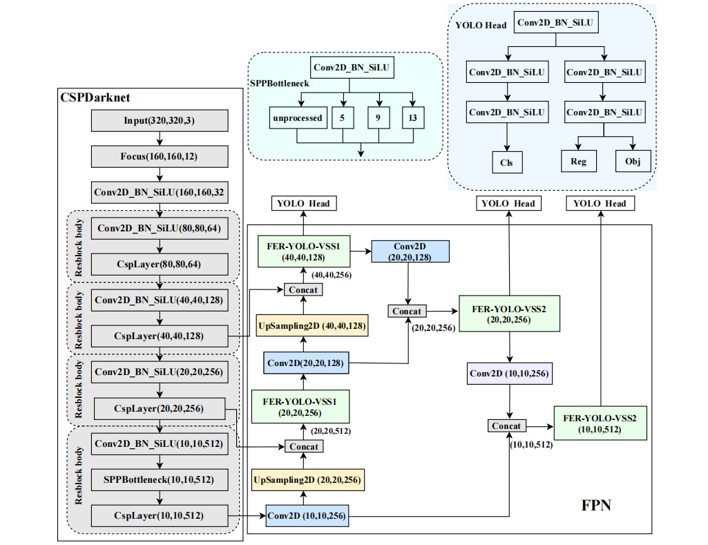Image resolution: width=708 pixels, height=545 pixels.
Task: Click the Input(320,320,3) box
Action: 160,121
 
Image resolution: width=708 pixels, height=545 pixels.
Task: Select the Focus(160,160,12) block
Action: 160,157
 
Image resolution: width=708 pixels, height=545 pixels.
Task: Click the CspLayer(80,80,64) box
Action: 160,264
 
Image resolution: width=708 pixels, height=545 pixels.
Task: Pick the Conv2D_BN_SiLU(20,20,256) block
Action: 160,372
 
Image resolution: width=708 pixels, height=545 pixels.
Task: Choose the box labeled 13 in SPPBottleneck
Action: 412,118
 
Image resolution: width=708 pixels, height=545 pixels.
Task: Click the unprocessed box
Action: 297,118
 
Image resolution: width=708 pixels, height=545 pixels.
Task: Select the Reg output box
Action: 578,162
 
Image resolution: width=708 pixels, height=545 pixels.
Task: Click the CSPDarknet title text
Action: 95,98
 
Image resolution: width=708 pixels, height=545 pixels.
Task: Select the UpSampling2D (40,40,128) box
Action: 312,325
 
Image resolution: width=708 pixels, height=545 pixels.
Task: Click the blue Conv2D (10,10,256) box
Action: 307,516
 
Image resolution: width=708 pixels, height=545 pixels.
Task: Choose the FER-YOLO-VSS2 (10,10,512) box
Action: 600,423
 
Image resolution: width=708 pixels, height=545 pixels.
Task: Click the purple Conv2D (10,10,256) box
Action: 510,374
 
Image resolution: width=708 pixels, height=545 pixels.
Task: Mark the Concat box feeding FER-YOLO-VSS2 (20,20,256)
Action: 407,312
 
